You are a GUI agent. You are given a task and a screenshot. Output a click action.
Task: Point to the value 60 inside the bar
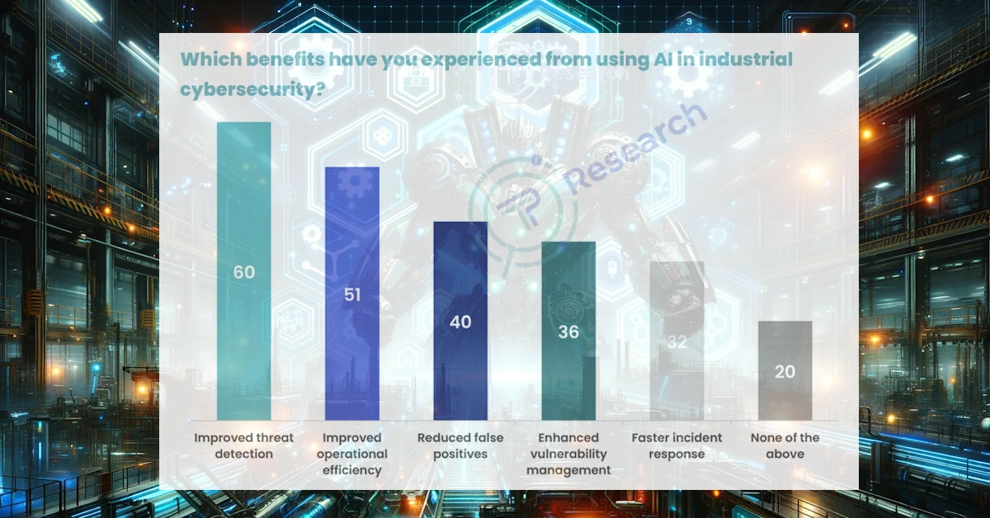click(x=243, y=272)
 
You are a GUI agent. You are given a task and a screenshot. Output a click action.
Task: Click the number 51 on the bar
click(x=352, y=294)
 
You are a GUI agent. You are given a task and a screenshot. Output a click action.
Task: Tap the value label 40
click(x=460, y=322)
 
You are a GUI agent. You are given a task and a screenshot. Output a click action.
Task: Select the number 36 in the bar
click(x=568, y=332)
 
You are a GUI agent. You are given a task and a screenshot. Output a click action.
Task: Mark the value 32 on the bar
click(x=676, y=341)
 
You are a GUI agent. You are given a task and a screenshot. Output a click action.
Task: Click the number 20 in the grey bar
click(x=785, y=371)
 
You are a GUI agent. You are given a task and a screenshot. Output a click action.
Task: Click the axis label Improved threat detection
click(x=243, y=445)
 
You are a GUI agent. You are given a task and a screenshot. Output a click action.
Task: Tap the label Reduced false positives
click(x=460, y=445)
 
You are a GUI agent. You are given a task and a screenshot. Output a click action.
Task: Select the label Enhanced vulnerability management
click(x=568, y=454)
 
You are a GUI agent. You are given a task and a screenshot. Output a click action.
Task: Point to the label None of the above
click(x=785, y=445)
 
